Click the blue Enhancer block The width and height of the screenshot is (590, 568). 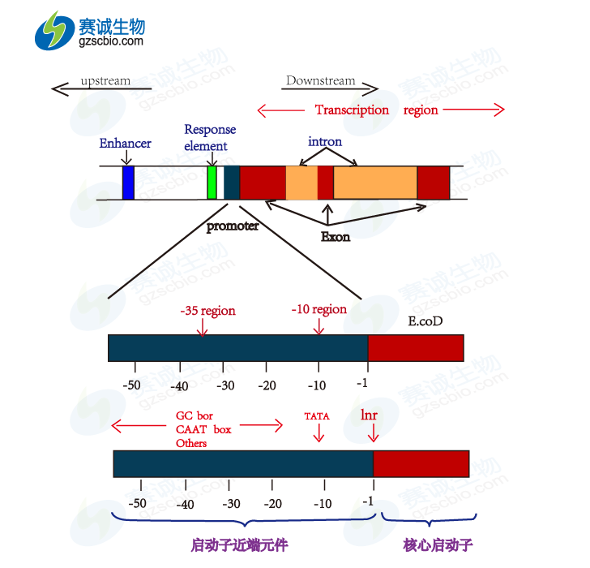(128, 183)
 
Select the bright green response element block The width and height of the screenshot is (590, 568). (212, 183)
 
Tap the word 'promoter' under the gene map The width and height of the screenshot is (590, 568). (233, 226)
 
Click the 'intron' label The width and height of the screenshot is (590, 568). (325, 141)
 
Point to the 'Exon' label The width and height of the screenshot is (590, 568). (336, 237)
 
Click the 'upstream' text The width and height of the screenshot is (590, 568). (105, 80)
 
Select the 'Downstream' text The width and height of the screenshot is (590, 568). (320, 80)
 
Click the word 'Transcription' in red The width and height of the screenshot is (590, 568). (352, 110)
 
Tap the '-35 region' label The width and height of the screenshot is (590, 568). (207, 310)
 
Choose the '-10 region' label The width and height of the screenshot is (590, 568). (319, 309)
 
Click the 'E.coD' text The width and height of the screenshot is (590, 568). (425, 321)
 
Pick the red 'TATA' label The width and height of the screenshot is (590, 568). (317, 416)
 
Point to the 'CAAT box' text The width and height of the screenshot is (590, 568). (203, 429)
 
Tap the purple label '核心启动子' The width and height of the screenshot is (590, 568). (438, 544)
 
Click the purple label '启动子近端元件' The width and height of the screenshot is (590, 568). (240, 544)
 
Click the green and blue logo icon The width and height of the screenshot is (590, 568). (54, 30)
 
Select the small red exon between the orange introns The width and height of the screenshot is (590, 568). (325, 183)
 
